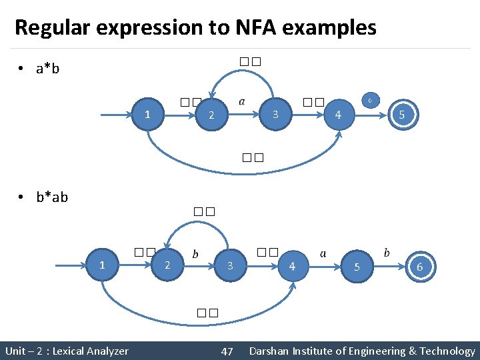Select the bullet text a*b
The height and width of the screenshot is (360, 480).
tap(47, 68)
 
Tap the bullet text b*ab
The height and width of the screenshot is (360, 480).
tap(52, 197)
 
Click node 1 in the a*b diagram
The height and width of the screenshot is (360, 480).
tap(147, 115)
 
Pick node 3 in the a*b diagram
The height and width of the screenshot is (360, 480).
tap(275, 115)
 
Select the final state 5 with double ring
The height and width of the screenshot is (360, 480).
tap(401, 115)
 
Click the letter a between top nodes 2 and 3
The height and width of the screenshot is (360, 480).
tap(241, 102)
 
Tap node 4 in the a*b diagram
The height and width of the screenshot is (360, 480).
tap(338, 115)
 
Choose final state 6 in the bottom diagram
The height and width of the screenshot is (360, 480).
tap(419, 266)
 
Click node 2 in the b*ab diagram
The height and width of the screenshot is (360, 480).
tap(167, 265)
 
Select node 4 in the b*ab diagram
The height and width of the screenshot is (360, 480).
tap(292, 266)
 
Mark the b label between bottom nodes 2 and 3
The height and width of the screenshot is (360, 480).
tap(195, 254)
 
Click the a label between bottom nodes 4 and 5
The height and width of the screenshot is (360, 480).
tap(323, 253)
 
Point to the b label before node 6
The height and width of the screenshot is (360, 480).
tap(387, 253)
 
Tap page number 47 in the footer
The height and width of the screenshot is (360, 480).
tap(227, 351)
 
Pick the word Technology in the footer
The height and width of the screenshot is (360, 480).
tap(448, 351)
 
